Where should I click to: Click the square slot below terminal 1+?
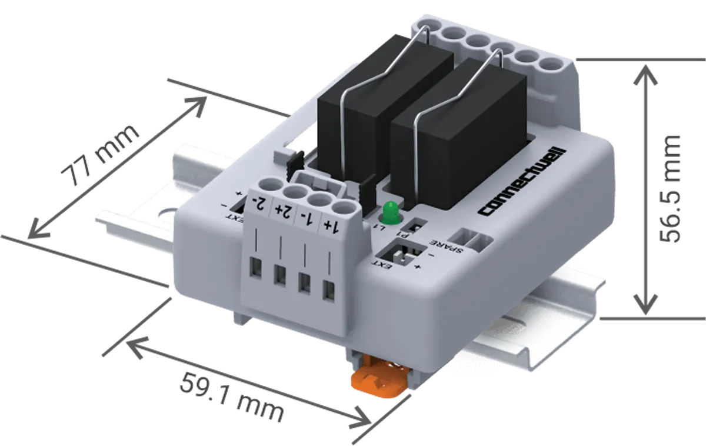pos(329,289)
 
